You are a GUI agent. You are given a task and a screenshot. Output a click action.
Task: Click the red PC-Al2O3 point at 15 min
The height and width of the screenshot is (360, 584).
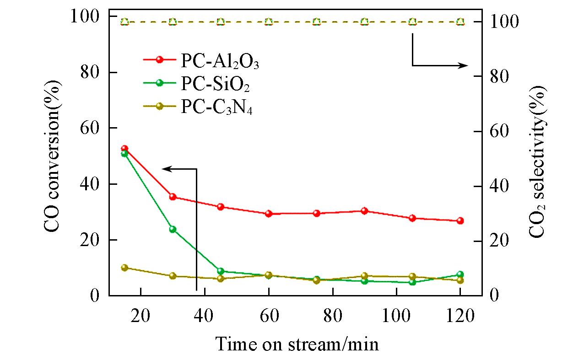pyautogui.click(x=124, y=149)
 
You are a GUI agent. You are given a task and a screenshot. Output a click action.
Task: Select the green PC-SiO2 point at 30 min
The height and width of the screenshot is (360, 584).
pyautogui.click(x=173, y=229)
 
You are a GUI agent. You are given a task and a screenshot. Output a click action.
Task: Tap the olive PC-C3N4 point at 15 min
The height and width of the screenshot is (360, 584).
pyautogui.click(x=124, y=268)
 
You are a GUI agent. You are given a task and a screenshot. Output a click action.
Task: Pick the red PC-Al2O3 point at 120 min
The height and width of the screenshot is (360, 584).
pyautogui.click(x=460, y=220)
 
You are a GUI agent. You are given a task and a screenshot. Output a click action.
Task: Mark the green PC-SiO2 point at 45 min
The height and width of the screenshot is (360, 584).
pyautogui.click(x=221, y=271)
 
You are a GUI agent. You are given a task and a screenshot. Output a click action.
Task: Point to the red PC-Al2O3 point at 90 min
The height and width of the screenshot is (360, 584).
pyautogui.click(x=364, y=211)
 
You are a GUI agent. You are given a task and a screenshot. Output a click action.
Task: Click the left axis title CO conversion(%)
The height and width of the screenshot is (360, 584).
pyautogui.click(x=54, y=156)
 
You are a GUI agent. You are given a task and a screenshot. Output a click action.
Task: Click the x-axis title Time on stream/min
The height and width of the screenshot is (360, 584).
pyautogui.click(x=297, y=343)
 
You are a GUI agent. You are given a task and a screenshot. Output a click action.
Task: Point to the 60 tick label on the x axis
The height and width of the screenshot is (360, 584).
pyautogui.click(x=269, y=317)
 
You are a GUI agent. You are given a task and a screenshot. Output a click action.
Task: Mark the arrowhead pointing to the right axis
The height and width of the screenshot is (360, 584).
pyautogui.click(x=465, y=65)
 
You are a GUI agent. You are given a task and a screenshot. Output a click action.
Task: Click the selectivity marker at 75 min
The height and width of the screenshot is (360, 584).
pyautogui.click(x=316, y=21)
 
